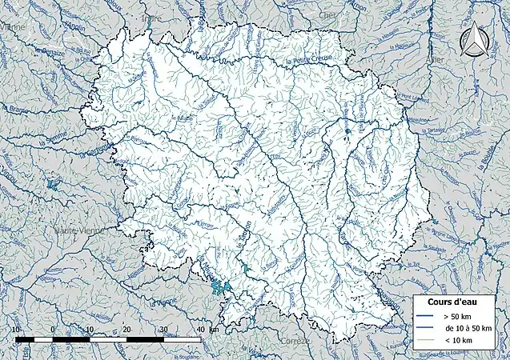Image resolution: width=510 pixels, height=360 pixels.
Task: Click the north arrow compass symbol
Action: [479, 39]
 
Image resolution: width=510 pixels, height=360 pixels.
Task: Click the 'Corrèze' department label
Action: [295, 340]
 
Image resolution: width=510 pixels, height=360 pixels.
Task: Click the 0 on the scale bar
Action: [53, 330]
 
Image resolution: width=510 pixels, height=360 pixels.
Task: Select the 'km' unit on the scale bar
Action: [212, 330]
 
